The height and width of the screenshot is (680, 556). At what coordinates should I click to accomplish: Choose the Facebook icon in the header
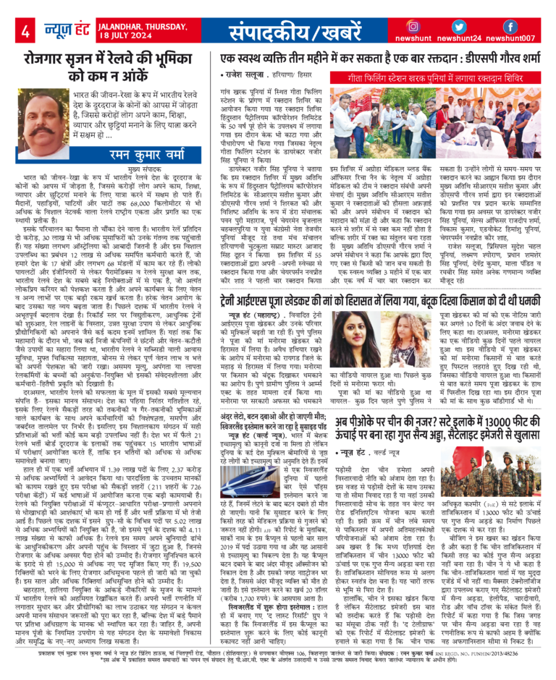coord(509,27)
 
